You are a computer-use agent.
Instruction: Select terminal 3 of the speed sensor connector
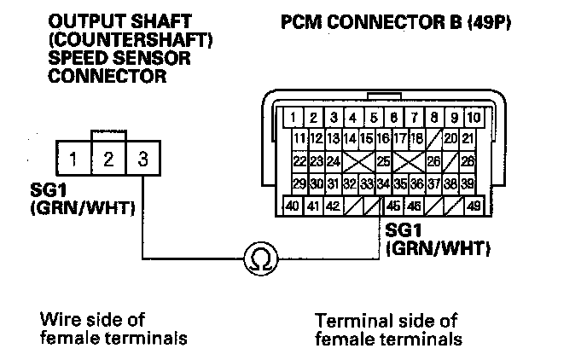142,159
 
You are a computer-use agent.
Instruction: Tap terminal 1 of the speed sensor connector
74,159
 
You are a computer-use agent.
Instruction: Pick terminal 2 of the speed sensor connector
108,159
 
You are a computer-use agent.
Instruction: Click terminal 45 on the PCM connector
394,206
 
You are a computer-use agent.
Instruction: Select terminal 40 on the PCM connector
292,206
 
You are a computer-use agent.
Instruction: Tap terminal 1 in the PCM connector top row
293,118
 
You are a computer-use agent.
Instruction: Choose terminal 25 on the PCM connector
383,160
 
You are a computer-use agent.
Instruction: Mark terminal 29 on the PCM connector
299,183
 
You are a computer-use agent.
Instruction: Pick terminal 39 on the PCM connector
468,183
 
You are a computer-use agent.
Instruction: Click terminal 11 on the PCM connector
299,138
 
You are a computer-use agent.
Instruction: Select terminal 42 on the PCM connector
333,206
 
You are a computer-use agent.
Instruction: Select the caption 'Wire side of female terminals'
113,329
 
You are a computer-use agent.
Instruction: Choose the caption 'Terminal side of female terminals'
387,330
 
